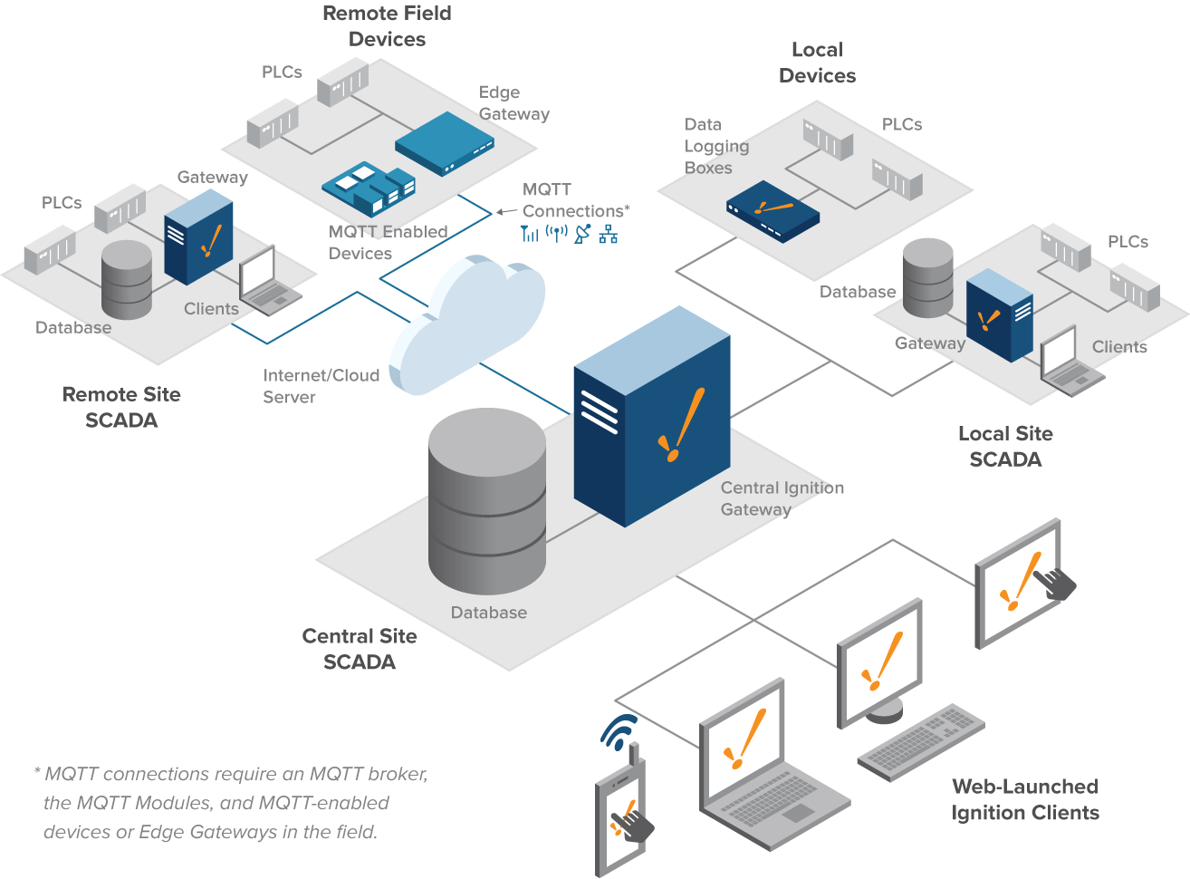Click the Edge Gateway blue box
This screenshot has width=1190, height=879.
[444, 143]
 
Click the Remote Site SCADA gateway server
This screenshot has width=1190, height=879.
[198, 237]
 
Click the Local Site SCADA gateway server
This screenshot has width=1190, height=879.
[999, 317]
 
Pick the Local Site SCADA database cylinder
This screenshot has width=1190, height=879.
[928, 277]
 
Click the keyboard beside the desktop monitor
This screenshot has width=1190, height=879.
[920, 741]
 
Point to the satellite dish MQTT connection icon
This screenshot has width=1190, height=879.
[582, 234]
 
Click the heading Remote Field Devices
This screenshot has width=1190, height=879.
[387, 26]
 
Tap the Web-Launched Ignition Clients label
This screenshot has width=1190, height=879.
[1025, 799]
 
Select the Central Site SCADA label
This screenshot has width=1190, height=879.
[360, 649]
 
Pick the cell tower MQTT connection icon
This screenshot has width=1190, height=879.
[529, 234]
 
